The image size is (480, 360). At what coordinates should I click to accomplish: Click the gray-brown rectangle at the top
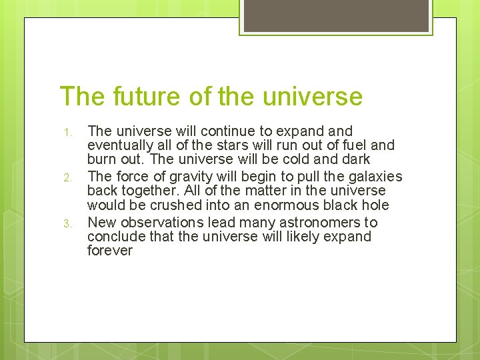pos(335,15)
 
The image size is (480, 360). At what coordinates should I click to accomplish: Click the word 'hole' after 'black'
pos(375,205)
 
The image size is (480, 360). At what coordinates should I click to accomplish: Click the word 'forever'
pos(110,251)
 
